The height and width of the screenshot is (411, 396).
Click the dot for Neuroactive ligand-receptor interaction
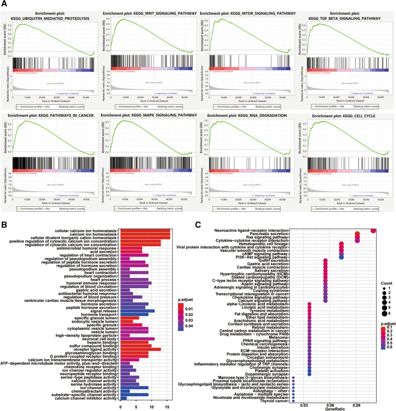pyautogui.click(x=374, y=231)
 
